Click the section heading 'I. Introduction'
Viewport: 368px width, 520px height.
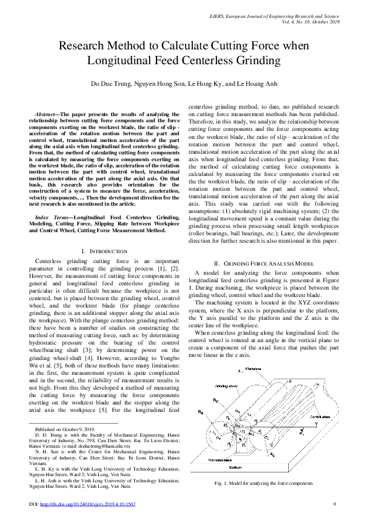pos(105,251)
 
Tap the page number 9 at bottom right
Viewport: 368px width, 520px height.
pos(334,504)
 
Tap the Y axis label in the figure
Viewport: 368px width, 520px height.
pos(315,426)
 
